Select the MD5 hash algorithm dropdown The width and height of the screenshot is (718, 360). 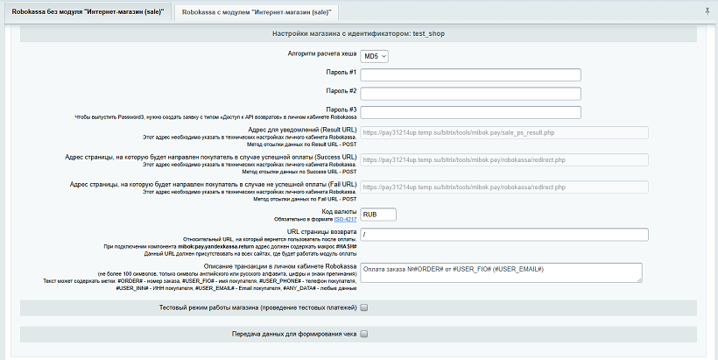click(376, 56)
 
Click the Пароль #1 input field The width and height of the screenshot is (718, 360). click(470, 74)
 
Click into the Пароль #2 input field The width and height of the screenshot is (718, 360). click(470, 93)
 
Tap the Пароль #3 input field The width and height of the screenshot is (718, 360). click(470, 111)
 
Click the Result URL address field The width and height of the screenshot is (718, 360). click(503, 133)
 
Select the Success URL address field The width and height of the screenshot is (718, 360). click(503, 160)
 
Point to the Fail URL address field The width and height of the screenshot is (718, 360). click(503, 187)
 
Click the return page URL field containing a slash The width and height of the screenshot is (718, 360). click(503, 235)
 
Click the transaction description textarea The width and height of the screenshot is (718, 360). click(501, 272)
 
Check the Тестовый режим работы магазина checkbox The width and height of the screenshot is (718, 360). click(363, 307)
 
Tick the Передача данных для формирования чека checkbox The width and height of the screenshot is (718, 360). click(363, 334)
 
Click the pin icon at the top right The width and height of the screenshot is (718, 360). click(707, 11)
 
